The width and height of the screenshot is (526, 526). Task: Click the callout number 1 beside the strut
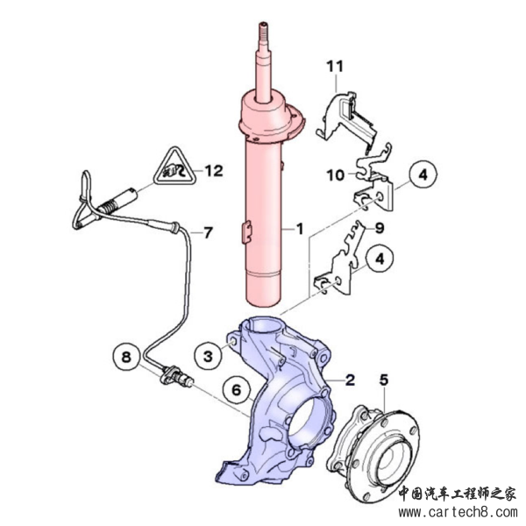pos(299,229)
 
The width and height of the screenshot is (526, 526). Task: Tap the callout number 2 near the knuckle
pos(350,380)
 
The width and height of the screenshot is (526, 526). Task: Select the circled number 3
pos(209,356)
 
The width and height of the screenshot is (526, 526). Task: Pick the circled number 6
pos(237,390)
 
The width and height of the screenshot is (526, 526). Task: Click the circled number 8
pos(126,357)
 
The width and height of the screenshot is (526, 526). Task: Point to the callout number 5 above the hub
pos(384,380)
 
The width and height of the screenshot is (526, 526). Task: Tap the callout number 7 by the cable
pos(208,232)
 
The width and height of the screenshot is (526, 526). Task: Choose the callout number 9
pos(380,228)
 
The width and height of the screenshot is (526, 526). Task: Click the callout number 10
pos(336,174)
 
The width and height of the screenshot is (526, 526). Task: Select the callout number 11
pos(335,67)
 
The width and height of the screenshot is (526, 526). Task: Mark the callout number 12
pos(214,171)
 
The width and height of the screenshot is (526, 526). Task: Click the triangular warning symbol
pos(174,167)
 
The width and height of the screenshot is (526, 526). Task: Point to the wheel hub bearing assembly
pos(373,453)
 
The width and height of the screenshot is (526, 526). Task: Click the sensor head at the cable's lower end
pos(176,378)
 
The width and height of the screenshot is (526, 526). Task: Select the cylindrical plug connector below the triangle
pos(117,202)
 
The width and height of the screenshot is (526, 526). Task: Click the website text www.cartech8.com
pos(458,513)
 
